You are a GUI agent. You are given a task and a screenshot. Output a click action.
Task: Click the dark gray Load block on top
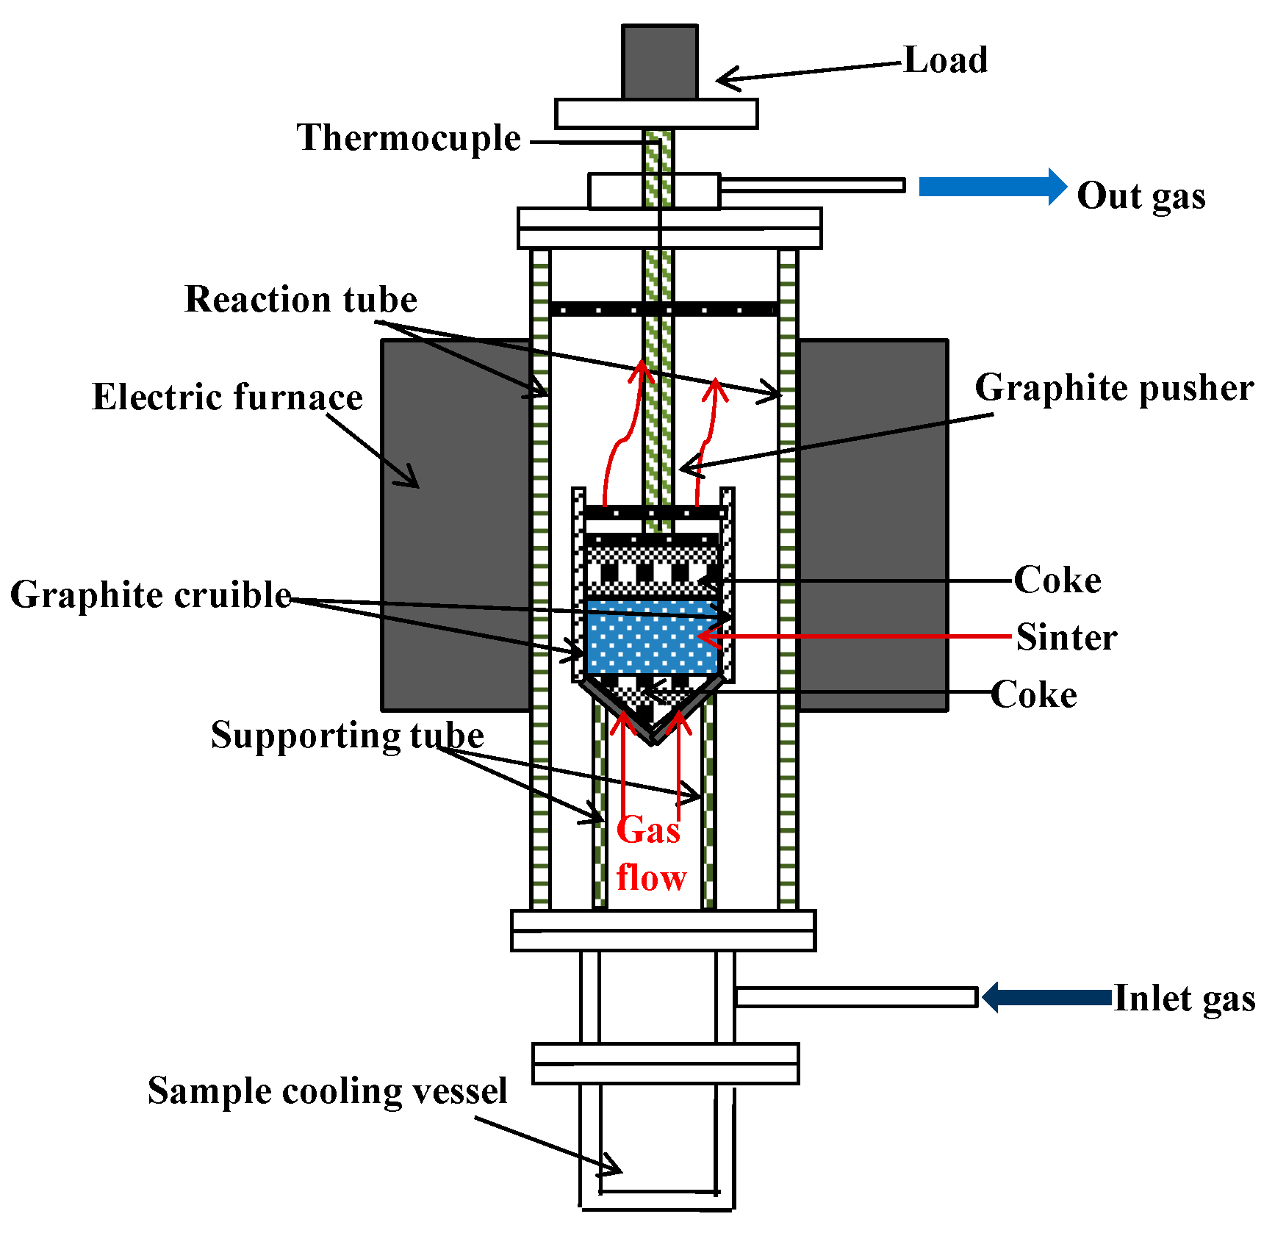pos(659,62)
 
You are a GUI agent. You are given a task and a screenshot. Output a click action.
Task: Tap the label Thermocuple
pos(409,137)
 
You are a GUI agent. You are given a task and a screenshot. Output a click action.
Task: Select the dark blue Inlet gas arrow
pos(1047,997)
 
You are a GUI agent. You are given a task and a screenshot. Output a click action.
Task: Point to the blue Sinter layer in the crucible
pos(651,636)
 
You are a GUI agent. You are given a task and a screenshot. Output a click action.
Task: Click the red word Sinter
pos(1066,637)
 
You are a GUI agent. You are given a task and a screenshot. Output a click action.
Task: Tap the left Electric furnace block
pos(456,525)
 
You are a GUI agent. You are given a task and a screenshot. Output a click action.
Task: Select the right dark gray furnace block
pos(872,525)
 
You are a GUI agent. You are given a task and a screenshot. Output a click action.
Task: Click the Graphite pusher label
pos(1113,388)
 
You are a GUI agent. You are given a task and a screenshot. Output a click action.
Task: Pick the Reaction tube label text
pos(301,299)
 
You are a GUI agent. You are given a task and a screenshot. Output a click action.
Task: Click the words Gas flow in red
pos(650,854)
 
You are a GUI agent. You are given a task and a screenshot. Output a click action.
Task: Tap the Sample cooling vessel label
pos(327,1091)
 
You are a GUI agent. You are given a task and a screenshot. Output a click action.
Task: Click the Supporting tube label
pos(347,735)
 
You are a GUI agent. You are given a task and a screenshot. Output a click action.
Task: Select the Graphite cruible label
pos(151,594)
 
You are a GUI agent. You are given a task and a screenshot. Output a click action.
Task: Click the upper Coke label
pos(1057,581)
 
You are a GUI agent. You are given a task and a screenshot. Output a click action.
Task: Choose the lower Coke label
pos(1034,694)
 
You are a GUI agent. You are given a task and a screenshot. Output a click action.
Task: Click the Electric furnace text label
pos(227,397)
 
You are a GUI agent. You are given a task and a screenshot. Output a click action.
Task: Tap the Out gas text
pos(1141,196)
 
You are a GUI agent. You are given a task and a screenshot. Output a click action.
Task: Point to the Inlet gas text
pos(1184,999)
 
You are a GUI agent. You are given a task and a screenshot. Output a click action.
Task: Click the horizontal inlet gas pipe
pos(856,997)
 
